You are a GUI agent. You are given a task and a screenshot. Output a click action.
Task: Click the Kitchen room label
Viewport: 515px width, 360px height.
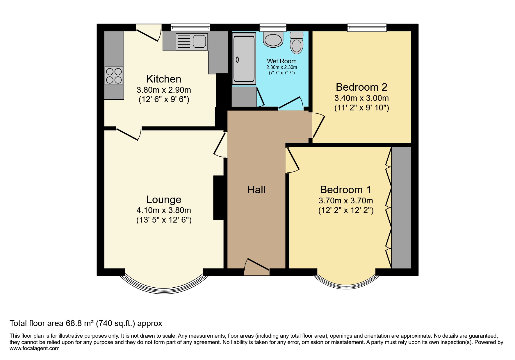[x=164, y=79]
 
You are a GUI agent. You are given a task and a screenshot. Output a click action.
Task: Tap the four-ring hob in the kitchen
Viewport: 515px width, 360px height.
[x=114, y=76]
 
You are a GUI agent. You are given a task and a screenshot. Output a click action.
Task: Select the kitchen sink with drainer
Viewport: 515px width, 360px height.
[x=192, y=41]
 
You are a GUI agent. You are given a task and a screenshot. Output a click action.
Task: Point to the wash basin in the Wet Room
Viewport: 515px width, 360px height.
[x=273, y=40]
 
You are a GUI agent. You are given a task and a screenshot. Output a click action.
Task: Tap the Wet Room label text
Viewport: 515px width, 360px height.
[x=281, y=61]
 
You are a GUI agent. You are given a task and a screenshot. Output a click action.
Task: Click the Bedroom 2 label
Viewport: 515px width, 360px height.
[x=361, y=87]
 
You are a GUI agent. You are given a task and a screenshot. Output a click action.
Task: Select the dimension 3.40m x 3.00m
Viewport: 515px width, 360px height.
[x=361, y=98]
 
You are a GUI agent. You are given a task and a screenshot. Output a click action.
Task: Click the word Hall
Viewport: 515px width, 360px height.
[x=256, y=190]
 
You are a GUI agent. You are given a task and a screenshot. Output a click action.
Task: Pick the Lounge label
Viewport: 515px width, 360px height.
[x=164, y=200]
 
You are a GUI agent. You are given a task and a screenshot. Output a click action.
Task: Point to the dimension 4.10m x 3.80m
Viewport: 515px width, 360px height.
[x=164, y=210]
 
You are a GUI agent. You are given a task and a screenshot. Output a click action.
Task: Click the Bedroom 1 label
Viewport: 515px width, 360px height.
[x=345, y=190]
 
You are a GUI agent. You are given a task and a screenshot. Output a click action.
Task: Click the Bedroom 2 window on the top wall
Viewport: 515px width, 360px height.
[x=367, y=28]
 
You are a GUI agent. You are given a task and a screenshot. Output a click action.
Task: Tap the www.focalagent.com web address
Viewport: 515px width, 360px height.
[x=35, y=348]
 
